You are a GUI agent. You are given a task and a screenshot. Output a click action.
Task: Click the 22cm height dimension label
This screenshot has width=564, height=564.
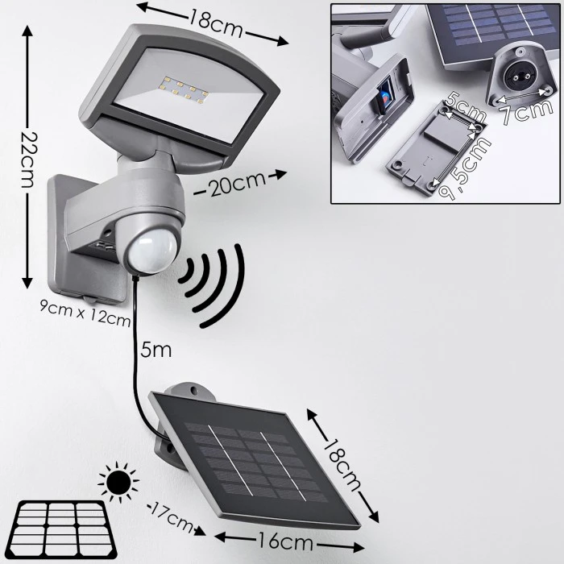coord(27,160)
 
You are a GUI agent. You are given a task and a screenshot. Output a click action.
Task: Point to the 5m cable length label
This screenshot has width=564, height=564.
coord(156,350)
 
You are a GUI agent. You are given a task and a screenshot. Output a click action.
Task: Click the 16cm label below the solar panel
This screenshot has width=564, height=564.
coord(285,541)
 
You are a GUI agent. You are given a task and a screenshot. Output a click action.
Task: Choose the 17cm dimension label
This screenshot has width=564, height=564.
coord(171,518)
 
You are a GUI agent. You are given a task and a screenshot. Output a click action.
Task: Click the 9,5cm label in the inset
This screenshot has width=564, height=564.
coord(464,168)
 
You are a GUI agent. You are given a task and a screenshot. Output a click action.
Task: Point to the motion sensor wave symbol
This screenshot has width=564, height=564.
coord(212,284)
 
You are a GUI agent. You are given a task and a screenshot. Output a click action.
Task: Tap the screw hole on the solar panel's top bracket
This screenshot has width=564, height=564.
coord(194,390)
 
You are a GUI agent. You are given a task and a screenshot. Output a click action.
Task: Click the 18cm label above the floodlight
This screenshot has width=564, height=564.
coord(215,23)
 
